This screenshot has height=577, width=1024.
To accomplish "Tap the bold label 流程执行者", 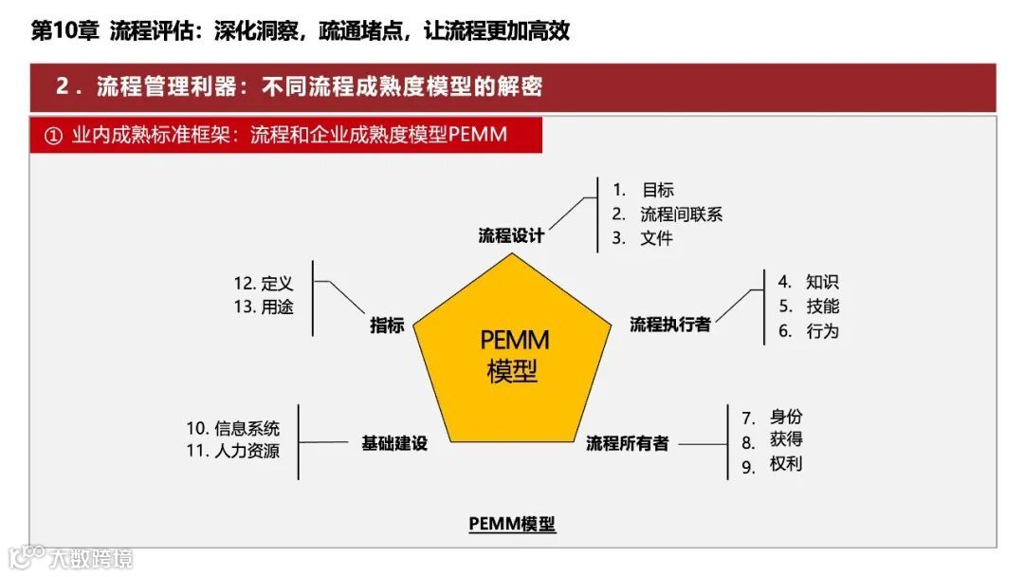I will point(670,325).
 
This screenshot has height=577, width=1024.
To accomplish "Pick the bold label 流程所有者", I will point(628,443).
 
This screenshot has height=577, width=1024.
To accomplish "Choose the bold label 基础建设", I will point(394,443).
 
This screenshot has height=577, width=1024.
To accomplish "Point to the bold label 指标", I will point(387,326).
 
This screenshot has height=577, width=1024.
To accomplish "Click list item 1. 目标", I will point(643,190).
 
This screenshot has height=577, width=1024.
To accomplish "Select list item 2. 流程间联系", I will point(667,214).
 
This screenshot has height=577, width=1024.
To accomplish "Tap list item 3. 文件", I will point(642,238).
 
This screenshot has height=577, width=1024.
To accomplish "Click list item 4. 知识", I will point(808,282).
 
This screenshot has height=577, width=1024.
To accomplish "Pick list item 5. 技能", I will point(808,307).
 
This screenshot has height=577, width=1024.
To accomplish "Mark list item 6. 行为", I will point(808,331).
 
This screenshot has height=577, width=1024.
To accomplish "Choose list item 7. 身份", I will point(772,418).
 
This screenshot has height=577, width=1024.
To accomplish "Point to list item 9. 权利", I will point(772,465).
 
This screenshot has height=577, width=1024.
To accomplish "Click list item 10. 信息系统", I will point(233,429).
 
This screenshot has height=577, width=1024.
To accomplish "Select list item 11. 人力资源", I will point(233,452).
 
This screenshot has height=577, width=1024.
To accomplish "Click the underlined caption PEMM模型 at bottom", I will point(512,524).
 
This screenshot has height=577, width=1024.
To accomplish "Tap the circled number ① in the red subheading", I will point(53,136).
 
